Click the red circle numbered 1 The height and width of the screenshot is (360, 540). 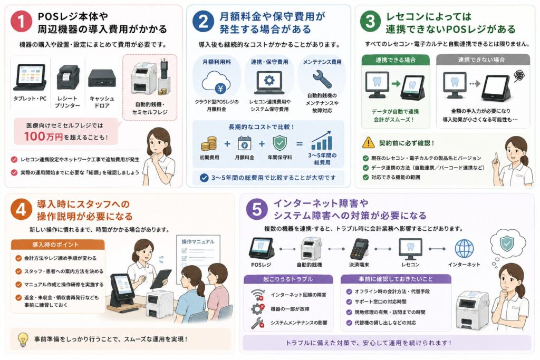21,21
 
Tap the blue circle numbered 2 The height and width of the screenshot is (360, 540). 203,21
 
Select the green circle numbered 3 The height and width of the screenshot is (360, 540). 370,21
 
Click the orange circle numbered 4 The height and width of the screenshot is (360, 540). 21,209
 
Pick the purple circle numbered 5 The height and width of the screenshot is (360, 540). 257,209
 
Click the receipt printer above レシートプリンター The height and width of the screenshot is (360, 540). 67,78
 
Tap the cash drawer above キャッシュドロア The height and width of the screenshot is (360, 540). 102,78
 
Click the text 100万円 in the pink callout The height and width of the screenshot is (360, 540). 43,137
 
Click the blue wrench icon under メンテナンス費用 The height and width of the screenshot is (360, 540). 322,79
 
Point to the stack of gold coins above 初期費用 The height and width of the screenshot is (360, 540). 209,143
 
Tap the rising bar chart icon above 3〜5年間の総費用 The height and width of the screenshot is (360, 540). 322,140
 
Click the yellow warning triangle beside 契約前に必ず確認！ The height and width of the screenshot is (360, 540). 369,142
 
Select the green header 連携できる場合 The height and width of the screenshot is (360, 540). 395,60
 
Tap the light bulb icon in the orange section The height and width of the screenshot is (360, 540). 23,339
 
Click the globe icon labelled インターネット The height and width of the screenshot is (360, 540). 464,248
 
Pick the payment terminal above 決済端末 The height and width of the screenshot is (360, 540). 359,248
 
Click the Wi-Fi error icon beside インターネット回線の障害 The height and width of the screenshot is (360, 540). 257,295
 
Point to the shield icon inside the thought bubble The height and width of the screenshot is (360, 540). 506,244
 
